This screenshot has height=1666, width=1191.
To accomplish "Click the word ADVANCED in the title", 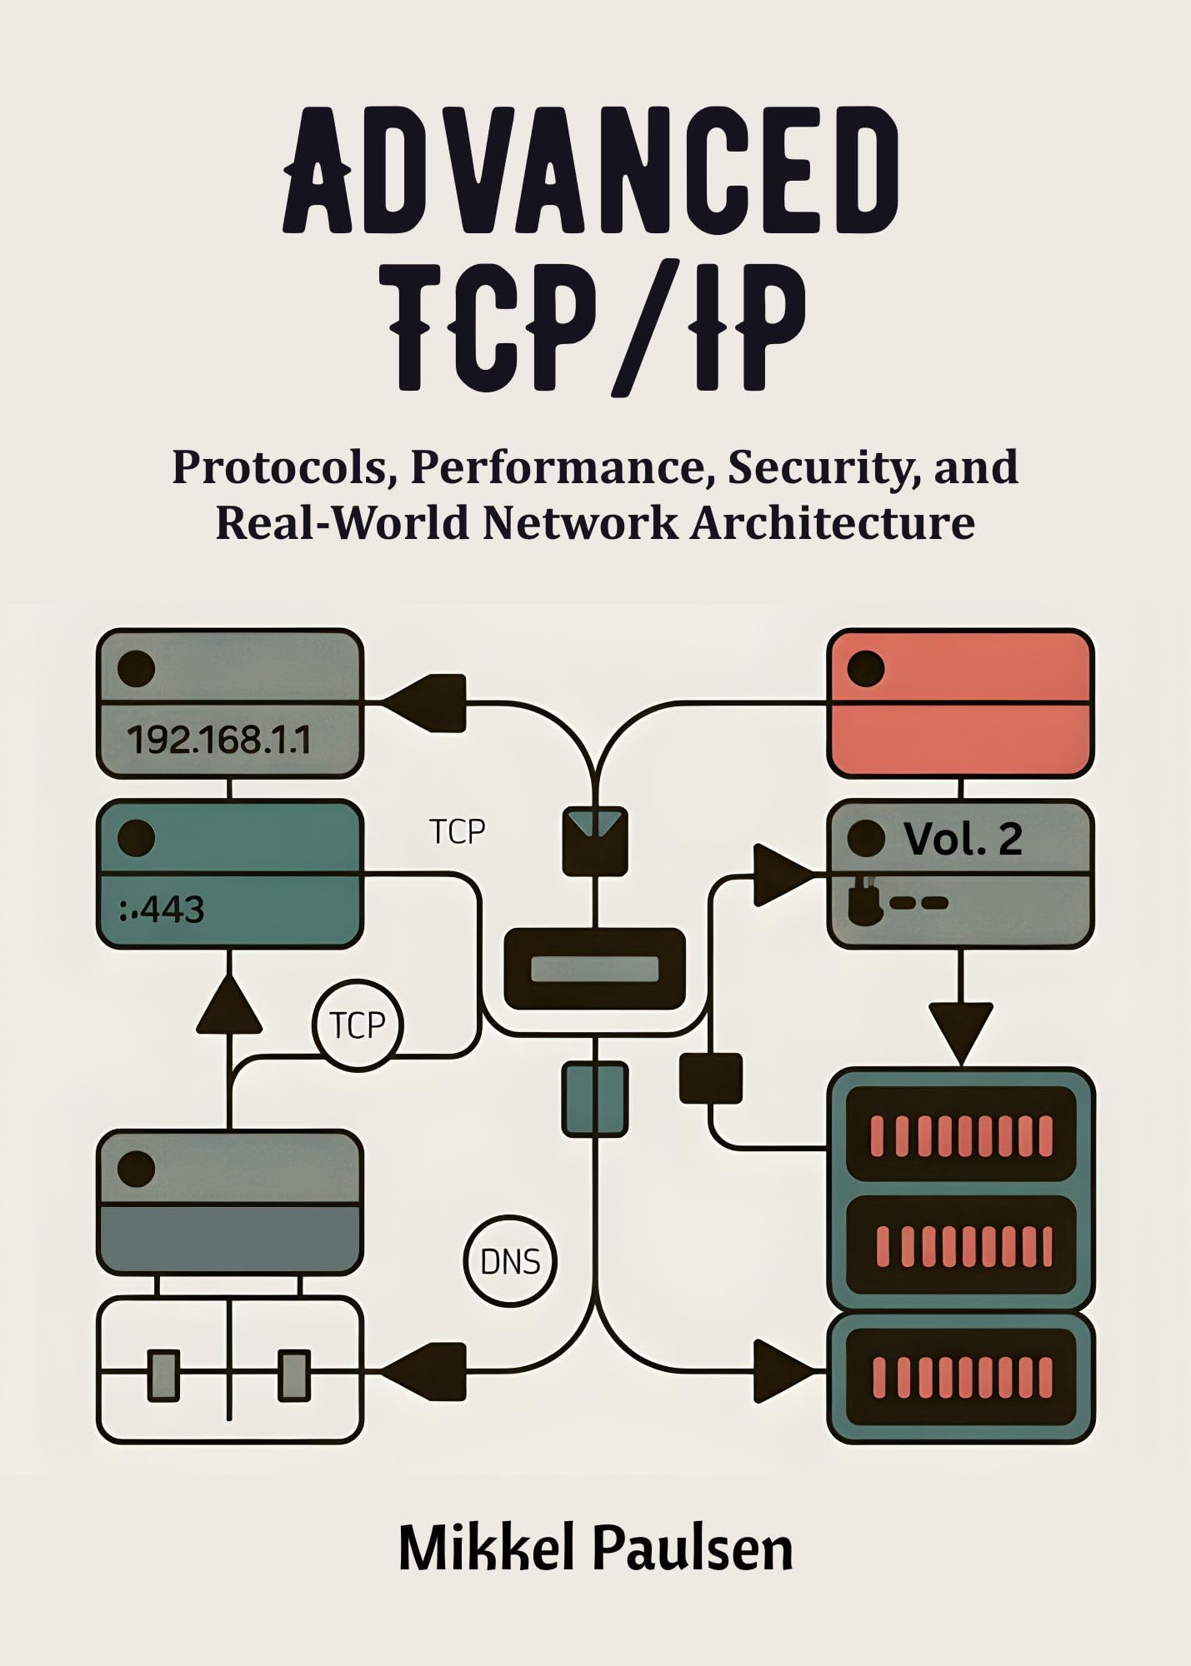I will pos(593,170).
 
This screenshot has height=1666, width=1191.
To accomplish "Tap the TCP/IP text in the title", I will pos(597,328).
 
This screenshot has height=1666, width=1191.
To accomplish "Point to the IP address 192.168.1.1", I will pos(218,740).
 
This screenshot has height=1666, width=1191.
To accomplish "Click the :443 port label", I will pos(163,910).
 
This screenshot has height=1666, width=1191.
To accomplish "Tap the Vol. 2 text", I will pos(963,839).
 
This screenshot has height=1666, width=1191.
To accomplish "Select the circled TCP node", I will pos(358,1025).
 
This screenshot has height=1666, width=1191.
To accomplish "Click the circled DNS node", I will pos(510,1261).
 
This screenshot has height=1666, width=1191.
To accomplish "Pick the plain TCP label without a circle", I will pos(457,831).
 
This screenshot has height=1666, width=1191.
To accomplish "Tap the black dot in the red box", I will pos(866,669).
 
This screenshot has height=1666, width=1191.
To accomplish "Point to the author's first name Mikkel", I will pos(488,1549).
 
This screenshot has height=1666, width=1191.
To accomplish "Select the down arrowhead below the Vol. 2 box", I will pos(961,1030).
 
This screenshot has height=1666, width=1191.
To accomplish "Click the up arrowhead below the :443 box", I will pos(229,1005).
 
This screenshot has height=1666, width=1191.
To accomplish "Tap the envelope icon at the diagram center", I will pos(595,840).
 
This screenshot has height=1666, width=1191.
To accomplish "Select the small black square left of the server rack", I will pos(711,1078).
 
